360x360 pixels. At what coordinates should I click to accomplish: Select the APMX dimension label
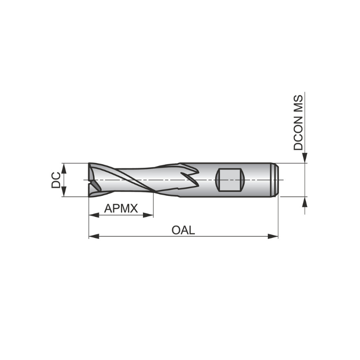[x=121, y=208]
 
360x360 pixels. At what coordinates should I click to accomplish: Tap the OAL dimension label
[x=183, y=230]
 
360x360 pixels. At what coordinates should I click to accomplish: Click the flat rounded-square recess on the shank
[x=230, y=180]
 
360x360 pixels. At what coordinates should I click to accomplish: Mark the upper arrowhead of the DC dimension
[x=63, y=167]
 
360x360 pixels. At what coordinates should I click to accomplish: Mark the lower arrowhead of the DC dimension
[x=63, y=192]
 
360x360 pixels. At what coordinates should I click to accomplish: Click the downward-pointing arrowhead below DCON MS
[x=305, y=157]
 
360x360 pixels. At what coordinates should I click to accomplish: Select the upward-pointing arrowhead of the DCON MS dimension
[x=305, y=202]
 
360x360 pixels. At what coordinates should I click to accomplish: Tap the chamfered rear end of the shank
[x=276, y=180]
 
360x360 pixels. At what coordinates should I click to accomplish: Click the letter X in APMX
[x=134, y=208]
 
